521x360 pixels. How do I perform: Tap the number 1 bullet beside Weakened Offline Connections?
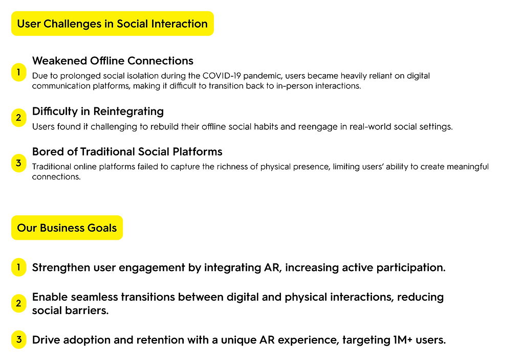(x=18, y=72)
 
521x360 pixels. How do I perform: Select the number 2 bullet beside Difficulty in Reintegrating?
(x=18, y=118)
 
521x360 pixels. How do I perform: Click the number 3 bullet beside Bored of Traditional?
(x=18, y=163)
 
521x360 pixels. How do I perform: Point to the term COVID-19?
(x=222, y=76)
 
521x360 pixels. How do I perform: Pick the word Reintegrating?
(x=128, y=111)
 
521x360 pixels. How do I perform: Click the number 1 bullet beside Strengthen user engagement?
(x=18, y=267)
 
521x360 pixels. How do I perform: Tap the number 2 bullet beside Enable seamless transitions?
(x=18, y=303)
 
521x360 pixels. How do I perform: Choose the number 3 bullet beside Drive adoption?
(x=18, y=340)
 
